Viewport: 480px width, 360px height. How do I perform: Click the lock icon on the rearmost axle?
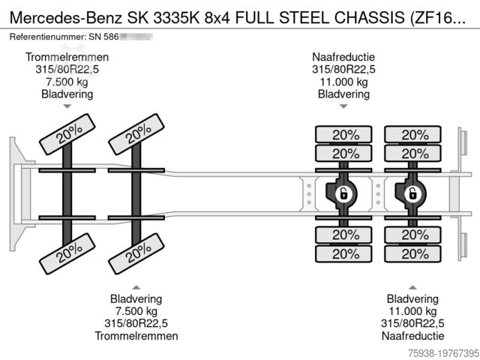(x=411, y=194)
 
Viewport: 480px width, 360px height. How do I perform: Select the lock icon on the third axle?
(x=342, y=194)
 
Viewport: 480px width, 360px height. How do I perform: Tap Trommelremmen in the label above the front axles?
(x=67, y=57)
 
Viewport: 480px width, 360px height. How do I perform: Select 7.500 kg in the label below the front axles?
(x=136, y=310)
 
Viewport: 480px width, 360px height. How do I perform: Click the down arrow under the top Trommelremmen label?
(x=67, y=106)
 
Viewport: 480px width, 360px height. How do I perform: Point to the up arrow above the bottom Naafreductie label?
(x=411, y=286)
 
